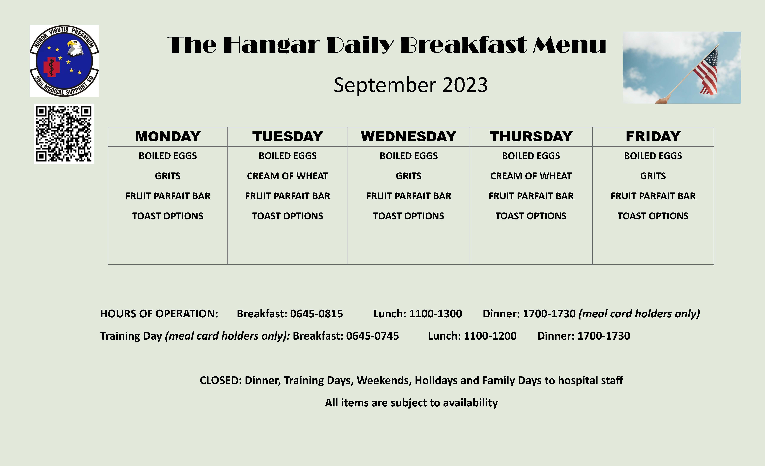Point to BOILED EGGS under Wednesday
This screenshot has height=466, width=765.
pos(409,156)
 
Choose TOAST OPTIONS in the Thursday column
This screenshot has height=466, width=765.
pos(531,216)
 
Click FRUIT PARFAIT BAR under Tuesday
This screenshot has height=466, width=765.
pos(287,196)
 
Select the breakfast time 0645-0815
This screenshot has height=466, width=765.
pos(316,314)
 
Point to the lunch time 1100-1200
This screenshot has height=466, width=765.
pos(490,336)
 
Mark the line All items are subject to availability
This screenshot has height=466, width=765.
pos(411,403)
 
